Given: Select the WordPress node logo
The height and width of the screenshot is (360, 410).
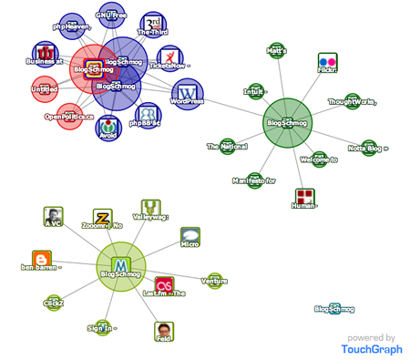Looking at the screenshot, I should tap(190, 93).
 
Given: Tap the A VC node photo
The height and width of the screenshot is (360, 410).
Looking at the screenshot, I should tap(54, 216).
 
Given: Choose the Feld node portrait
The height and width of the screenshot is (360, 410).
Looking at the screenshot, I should tap(164, 331).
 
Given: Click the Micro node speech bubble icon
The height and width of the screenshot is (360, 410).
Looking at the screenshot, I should tap(190, 237).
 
